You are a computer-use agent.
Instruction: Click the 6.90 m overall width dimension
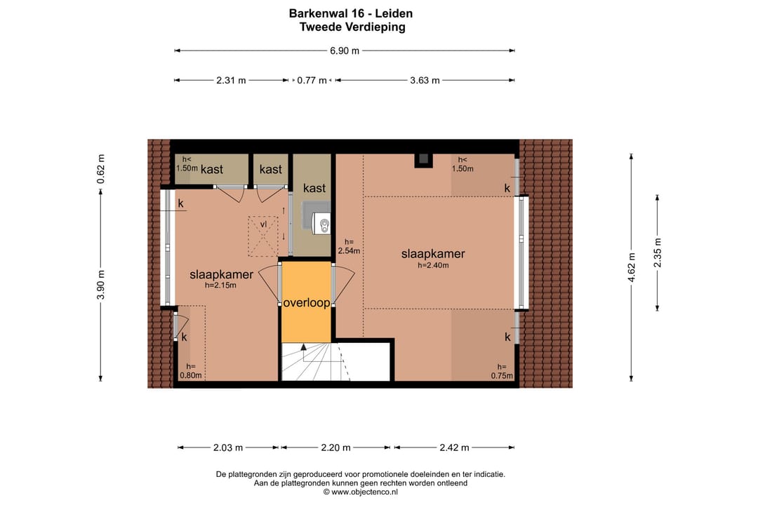pos(345,50)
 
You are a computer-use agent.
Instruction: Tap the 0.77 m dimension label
pos(312,80)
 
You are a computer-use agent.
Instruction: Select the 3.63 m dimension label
pos(425,80)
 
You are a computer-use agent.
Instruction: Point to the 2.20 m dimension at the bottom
pos(335,447)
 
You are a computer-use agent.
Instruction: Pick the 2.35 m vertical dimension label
pos(658,252)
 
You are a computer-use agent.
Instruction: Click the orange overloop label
pos(307,303)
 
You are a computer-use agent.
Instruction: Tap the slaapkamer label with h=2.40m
pos(433,254)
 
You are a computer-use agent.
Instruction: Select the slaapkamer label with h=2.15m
pos(221,274)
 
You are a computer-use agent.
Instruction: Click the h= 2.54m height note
pos(349,246)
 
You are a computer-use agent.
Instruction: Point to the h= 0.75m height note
pos(503,371)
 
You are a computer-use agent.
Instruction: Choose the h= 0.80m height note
pos(191,370)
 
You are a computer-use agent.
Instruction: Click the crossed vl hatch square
pos(263,236)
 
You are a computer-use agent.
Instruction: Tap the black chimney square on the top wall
pos(423,159)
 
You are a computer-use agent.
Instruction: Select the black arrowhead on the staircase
pos(303,346)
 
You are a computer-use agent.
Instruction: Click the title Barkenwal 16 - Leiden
pos(351,13)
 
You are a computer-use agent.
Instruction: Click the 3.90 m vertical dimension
pos(100,285)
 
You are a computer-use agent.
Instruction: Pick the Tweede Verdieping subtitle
pos(352,27)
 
